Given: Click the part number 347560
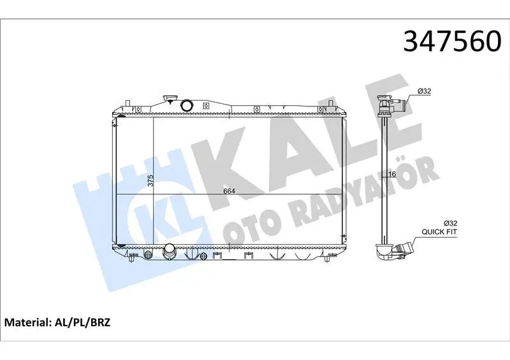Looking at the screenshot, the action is (x=452, y=41).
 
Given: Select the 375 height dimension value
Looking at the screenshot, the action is (x=150, y=181).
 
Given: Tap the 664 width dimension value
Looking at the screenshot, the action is (x=229, y=191).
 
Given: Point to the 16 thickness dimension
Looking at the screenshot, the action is (x=392, y=175).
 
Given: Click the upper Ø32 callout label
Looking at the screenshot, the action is (x=425, y=91).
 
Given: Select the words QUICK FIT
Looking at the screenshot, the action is (x=439, y=232).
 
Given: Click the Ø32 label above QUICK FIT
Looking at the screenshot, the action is (x=451, y=224).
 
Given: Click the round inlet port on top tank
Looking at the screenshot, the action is (x=187, y=105).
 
